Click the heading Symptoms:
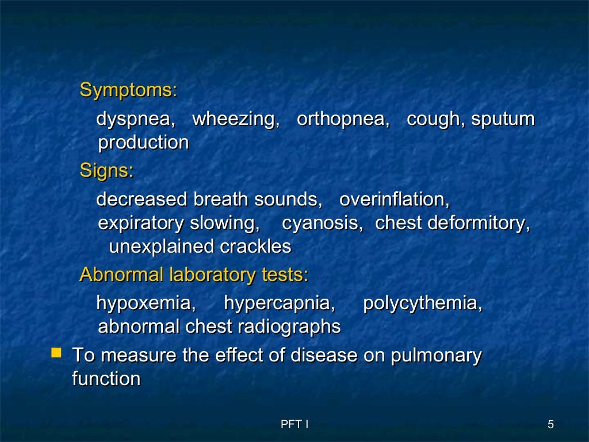point(128,90)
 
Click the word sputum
point(503,119)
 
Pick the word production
point(143,143)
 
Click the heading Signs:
point(106,170)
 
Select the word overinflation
point(394,200)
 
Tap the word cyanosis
point(322,223)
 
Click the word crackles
point(255,247)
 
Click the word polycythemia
point(422,303)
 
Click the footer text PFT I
point(294,425)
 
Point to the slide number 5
point(550,425)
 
